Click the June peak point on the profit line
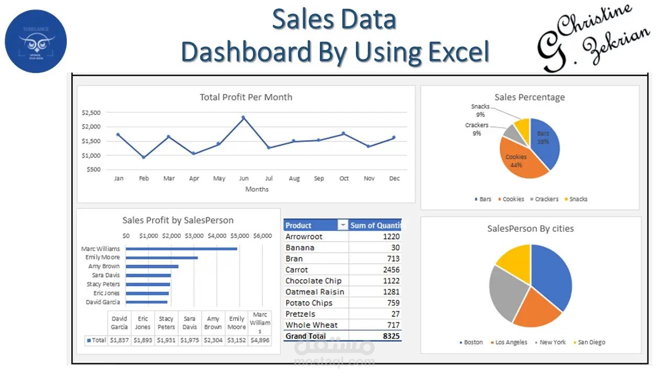(x=243, y=118)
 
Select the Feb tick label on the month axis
(x=144, y=179)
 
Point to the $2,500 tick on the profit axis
(x=91, y=112)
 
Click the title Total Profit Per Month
(x=246, y=97)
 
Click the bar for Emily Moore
(x=162, y=257)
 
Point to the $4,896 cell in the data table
(x=260, y=340)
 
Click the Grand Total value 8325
(x=391, y=336)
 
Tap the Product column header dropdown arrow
(x=343, y=225)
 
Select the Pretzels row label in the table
(x=301, y=314)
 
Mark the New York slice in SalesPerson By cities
(x=504, y=292)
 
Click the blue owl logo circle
(x=36, y=41)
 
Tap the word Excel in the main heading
(x=458, y=52)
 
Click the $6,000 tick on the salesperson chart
(x=262, y=236)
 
